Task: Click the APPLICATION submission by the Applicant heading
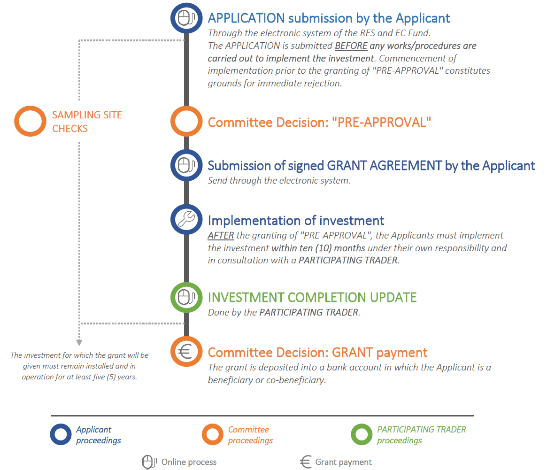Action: [329, 18]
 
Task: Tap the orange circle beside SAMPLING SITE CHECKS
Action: [31, 121]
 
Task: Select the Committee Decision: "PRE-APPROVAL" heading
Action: [319, 123]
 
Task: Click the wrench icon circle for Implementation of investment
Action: [186, 219]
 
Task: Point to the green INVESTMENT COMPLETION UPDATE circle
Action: [186, 297]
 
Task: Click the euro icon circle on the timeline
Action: [186, 352]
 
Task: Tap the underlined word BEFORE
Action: [351, 46]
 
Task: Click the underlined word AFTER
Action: [221, 235]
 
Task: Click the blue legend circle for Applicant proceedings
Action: [61, 434]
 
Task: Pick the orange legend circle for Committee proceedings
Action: [213, 434]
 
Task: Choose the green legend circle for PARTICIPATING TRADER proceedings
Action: [362, 434]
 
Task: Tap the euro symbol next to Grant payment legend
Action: [306, 462]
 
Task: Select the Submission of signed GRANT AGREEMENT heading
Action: [371, 166]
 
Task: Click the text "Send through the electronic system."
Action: [279, 180]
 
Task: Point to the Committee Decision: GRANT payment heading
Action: [317, 353]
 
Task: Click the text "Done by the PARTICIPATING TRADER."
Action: [284, 312]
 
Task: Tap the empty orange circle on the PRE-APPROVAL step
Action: [186, 122]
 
